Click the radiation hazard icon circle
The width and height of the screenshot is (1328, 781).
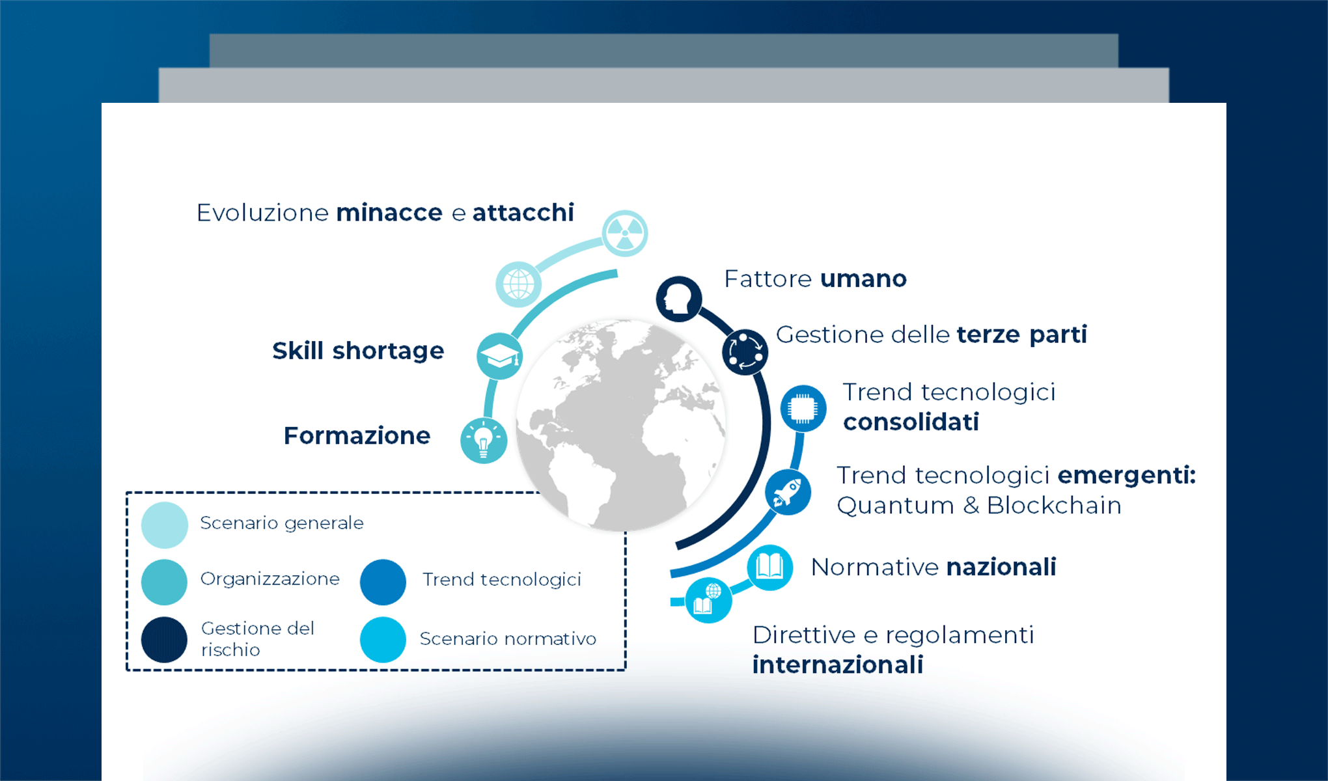point(624,233)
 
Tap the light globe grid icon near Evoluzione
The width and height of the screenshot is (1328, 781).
point(518,284)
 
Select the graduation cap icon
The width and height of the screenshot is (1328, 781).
point(499,356)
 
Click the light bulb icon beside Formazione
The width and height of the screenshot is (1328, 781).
point(483,441)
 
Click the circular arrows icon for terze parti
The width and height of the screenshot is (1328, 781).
point(745,352)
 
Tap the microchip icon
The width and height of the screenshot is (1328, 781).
point(803,409)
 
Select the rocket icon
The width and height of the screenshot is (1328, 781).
point(788,492)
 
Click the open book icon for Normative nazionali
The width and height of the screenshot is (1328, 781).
point(769,567)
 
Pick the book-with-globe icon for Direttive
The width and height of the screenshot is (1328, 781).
point(708,600)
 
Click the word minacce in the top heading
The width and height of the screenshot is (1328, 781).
point(389,213)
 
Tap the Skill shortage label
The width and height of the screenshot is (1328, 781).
point(358,351)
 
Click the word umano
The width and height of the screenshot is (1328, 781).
point(863,279)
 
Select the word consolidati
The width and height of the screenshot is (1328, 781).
point(911,422)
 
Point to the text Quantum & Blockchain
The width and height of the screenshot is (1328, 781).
point(978,506)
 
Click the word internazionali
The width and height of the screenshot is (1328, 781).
point(837,665)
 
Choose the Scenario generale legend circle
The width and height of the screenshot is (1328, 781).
point(164,525)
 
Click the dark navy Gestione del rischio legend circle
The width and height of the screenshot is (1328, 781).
point(164,640)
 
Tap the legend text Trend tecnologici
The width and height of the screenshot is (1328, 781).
point(501,579)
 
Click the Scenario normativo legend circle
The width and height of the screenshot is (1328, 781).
point(383,640)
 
